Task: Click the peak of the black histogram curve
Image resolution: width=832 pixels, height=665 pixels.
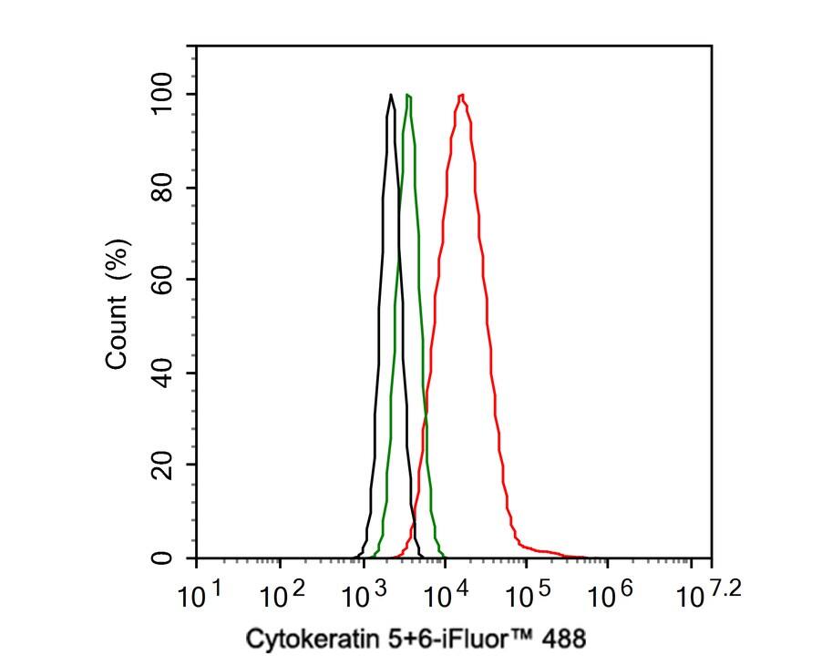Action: coord(391,95)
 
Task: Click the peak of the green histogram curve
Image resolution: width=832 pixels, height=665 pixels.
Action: coord(408,95)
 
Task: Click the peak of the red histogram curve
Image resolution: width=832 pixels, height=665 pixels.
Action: coord(463,95)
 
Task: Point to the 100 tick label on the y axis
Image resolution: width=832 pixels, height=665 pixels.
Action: coord(162,94)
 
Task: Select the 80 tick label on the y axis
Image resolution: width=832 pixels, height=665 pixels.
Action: coord(162,188)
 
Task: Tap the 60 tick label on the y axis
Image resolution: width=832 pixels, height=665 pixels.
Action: coord(162,280)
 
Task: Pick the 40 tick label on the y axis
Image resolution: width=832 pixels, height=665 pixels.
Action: coord(162,373)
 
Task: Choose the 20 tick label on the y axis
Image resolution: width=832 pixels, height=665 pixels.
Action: coord(162,465)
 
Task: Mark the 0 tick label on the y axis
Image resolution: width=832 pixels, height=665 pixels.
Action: coord(162,558)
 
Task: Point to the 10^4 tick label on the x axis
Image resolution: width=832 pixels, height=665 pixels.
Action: coord(446,596)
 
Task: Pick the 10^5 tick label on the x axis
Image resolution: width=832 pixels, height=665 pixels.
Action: coord(528,596)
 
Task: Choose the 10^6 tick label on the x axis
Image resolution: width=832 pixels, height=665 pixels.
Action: coord(610,596)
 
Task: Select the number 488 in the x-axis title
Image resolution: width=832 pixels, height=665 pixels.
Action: coord(565,639)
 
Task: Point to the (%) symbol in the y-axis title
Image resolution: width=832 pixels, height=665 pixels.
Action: coord(117,259)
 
